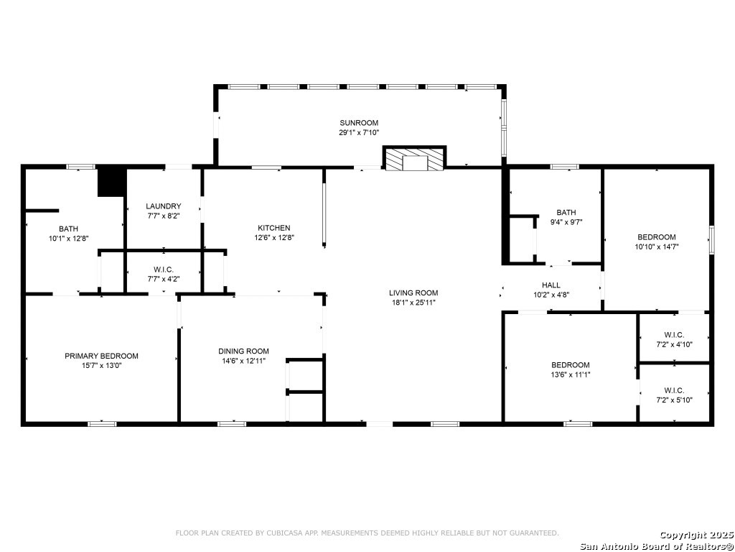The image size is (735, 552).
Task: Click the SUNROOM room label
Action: point(359,123)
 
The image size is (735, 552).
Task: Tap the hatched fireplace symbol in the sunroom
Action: point(414,160)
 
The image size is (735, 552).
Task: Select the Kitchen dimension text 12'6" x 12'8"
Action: point(274,238)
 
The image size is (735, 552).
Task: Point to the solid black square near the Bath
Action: point(111,181)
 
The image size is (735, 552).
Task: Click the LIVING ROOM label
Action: point(413,293)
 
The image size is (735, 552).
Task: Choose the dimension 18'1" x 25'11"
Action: point(413,303)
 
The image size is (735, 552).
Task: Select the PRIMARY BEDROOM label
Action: point(101,356)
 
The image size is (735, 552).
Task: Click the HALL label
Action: point(551,285)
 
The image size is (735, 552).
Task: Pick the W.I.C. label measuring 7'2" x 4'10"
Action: point(674,334)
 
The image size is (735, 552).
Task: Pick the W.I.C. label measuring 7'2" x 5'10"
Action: point(674,390)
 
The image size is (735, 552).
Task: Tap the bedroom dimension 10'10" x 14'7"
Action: point(657,247)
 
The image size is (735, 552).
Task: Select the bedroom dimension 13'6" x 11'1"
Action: point(571,374)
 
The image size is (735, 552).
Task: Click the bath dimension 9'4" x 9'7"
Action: point(566,222)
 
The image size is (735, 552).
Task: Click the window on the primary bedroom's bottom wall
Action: point(102,424)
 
